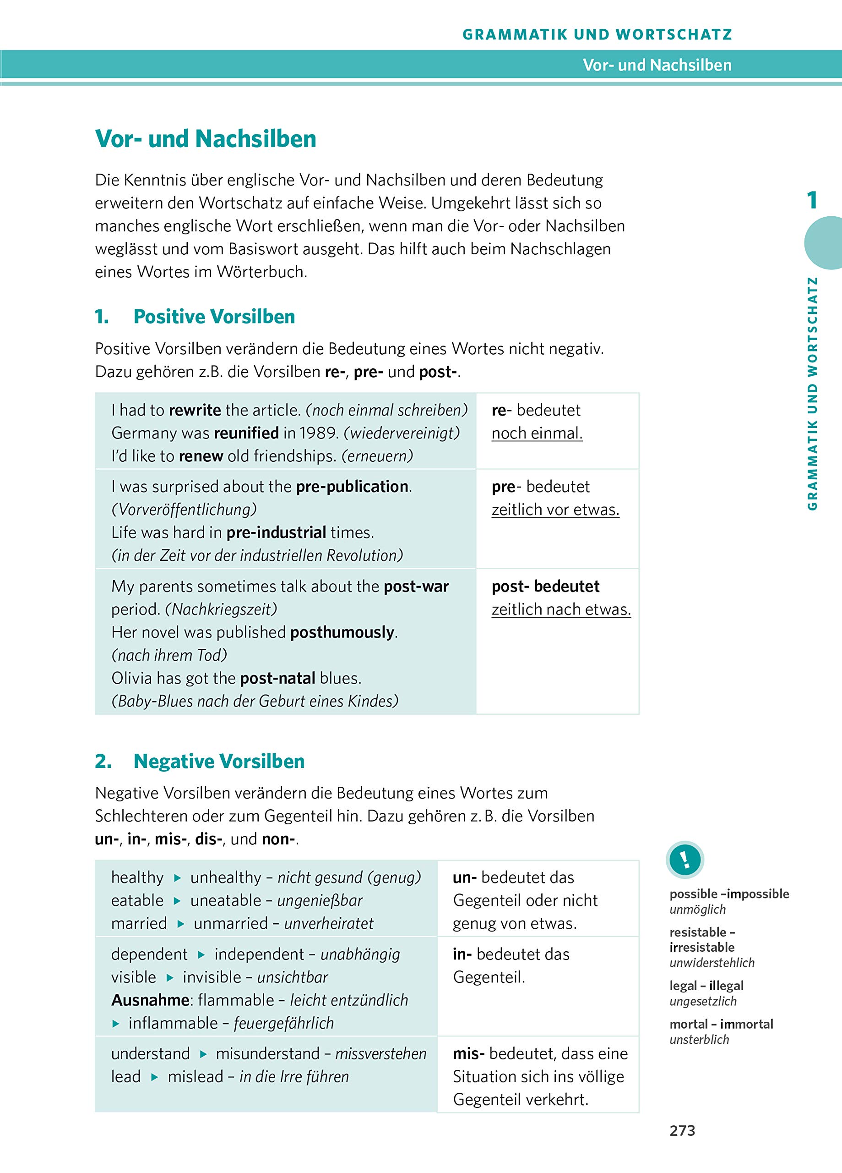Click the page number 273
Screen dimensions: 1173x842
682,1130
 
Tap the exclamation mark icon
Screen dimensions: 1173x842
685,860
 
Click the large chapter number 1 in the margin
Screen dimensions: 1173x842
812,200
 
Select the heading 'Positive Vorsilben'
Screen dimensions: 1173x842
214,317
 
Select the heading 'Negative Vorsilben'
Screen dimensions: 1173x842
219,762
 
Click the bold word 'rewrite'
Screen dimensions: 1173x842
195,410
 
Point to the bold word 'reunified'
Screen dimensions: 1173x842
246,433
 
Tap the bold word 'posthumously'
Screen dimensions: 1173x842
342,632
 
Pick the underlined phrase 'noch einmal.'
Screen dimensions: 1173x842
537,433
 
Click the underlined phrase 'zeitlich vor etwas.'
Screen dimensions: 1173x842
555,510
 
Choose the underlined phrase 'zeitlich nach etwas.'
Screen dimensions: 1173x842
561,610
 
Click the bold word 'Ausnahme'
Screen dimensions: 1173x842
150,1000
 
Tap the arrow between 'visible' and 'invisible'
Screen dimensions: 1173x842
170,977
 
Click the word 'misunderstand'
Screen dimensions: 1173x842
267,1053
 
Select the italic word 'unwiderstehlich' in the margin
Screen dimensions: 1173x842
712,963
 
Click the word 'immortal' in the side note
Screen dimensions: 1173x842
746,1024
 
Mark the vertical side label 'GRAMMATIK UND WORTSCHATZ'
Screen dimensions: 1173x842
813,394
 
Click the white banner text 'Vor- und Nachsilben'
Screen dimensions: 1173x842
657,65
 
